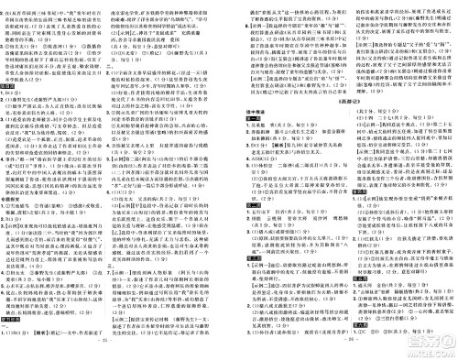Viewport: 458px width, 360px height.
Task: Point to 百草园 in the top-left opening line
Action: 55,5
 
